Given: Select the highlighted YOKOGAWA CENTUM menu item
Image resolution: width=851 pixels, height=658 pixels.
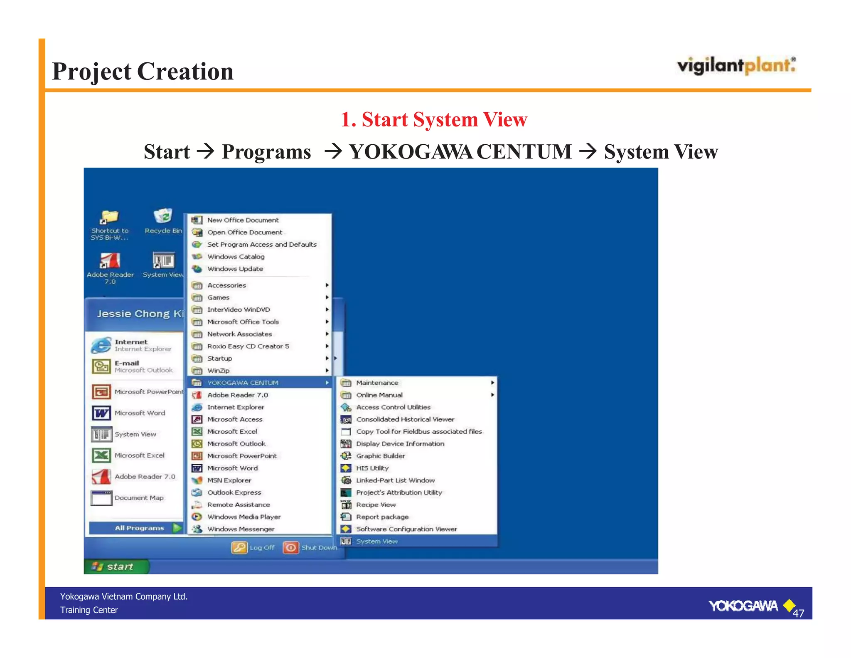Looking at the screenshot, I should click(243, 383).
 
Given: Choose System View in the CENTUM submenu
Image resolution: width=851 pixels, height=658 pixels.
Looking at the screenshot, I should click(376, 541).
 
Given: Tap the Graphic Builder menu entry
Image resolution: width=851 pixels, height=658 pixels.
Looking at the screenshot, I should click(380, 456).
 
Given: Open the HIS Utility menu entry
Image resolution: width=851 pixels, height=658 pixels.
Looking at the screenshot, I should click(372, 468).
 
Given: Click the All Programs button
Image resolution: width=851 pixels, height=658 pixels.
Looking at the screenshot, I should click(139, 528).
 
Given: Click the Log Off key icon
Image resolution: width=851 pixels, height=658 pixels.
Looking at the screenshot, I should click(239, 547).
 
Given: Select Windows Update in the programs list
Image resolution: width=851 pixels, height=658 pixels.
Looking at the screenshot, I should click(235, 269).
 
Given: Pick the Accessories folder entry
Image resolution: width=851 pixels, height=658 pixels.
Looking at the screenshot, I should click(226, 285).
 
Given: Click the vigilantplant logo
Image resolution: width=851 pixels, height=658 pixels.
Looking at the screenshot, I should click(736, 66).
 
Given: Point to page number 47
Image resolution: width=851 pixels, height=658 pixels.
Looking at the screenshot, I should click(798, 613).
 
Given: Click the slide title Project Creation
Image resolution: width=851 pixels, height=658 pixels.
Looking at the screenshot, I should click(143, 71).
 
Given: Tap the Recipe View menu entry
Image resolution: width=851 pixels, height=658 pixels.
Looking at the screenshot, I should click(376, 505).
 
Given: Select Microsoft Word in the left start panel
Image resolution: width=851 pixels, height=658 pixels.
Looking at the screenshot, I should click(140, 413).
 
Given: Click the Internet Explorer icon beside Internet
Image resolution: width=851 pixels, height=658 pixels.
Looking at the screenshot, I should click(101, 345).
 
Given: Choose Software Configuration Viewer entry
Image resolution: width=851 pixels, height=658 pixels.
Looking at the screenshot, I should click(406, 529).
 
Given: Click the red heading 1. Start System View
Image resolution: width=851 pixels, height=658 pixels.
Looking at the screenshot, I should click(433, 119).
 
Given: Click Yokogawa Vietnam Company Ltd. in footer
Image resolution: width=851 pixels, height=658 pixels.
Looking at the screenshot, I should click(123, 596).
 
